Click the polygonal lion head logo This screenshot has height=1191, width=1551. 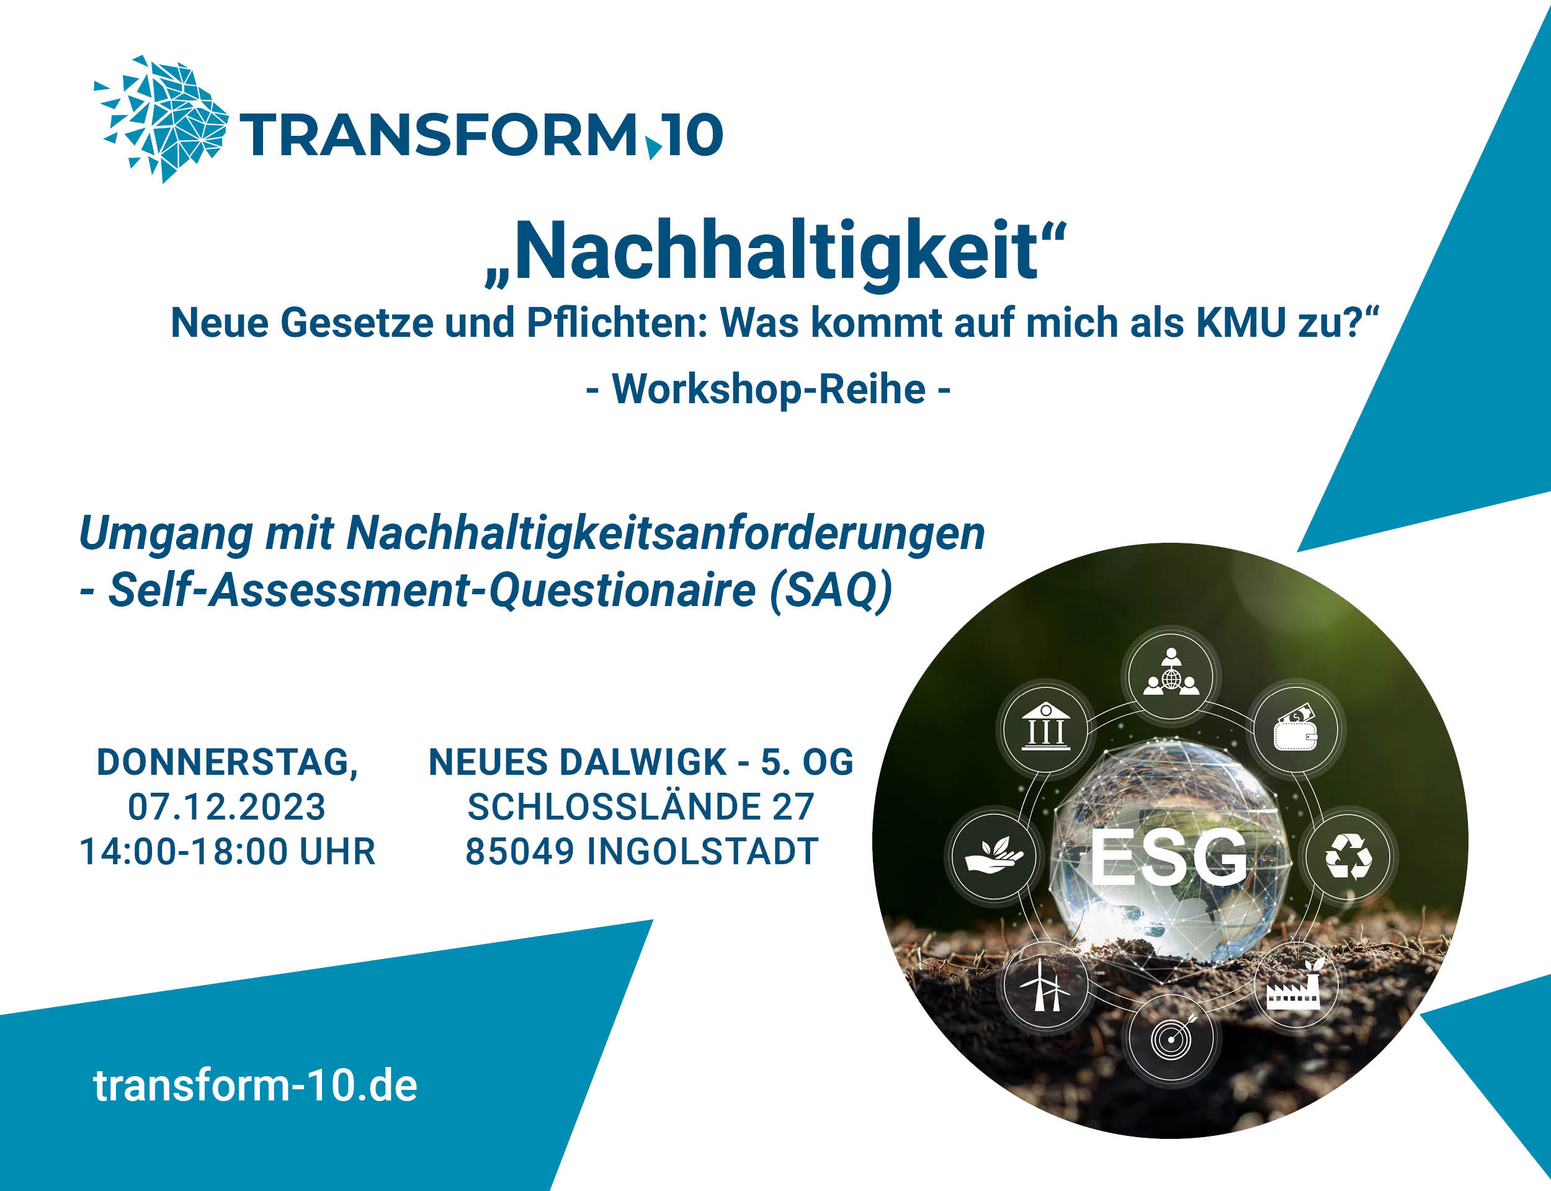point(162,118)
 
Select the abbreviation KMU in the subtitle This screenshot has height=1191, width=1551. point(1241,323)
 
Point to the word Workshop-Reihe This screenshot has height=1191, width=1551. point(769,388)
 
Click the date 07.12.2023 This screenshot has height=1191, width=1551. point(227,807)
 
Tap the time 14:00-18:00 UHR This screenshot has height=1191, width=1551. point(228,852)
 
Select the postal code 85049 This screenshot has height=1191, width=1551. point(520,852)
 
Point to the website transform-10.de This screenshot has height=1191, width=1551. point(255,1086)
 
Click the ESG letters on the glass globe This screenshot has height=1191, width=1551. point(1168,857)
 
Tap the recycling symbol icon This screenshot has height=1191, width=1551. point(1349,857)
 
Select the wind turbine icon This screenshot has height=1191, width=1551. point(1045,984)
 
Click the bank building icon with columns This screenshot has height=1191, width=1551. point(1045,726)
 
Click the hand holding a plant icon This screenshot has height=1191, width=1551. point(994,855)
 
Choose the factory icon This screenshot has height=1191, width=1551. point(1294,986)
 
